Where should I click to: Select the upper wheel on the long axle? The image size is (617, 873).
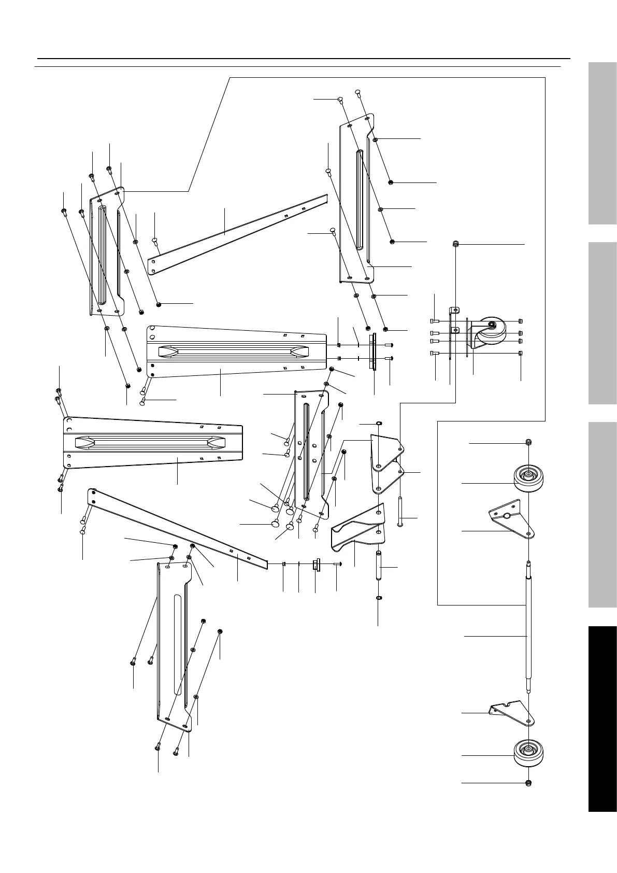528,476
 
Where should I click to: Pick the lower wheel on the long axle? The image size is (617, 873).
528,752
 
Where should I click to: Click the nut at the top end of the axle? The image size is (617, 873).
528,442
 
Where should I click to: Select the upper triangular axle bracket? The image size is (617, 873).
511,518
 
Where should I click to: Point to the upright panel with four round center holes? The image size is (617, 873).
310,451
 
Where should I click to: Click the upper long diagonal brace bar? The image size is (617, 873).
238,233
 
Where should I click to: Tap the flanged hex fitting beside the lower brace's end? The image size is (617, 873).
315,565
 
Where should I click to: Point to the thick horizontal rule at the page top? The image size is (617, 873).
304,59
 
